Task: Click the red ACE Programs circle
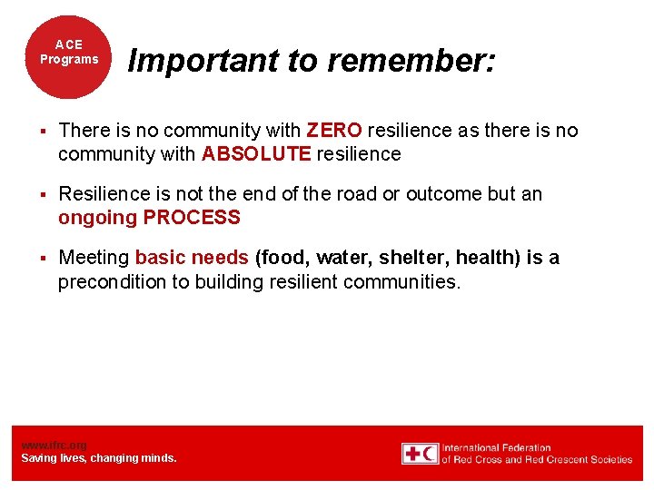pyautogui.click(x=68, y=54)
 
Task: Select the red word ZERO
pyautogui.click(x=334, y=131)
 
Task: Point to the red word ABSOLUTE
pyautogui.click(x=256, y=154)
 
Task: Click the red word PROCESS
pyautogui.click(x=192, y=218)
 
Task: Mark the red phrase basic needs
pyautogui.click(x=192, y=258)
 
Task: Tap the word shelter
pyautogui.click(x=401, y=258)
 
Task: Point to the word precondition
pyautogui.click(x=114, y=282)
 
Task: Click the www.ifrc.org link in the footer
pyautogui.click(x=54, y=445)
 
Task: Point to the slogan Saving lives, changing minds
pyautogui.click(x=99, y=458)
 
